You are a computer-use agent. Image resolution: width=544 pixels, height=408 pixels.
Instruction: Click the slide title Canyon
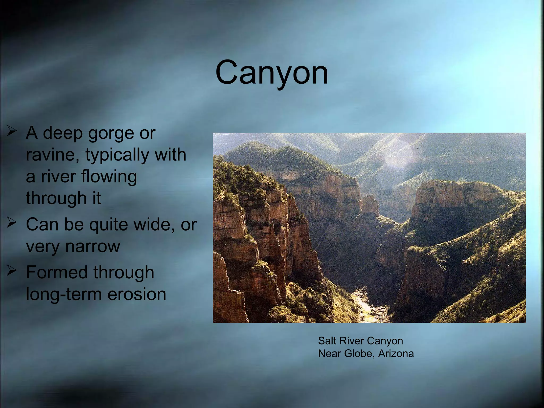[271, 72]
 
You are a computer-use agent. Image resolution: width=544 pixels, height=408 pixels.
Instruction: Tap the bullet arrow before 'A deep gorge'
[12, 131]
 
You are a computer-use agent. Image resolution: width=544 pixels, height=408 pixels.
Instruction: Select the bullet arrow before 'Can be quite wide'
[12, 223]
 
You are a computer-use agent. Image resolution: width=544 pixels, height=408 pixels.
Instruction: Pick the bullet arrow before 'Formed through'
[12, 271]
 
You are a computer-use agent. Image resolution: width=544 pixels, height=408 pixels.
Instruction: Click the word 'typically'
[117, 155]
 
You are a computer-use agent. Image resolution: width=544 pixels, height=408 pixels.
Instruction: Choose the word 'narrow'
[93, 246]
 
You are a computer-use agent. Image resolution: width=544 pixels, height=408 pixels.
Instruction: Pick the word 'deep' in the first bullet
[63, 133]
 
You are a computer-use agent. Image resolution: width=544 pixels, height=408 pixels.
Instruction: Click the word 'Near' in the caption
[329, 354]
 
